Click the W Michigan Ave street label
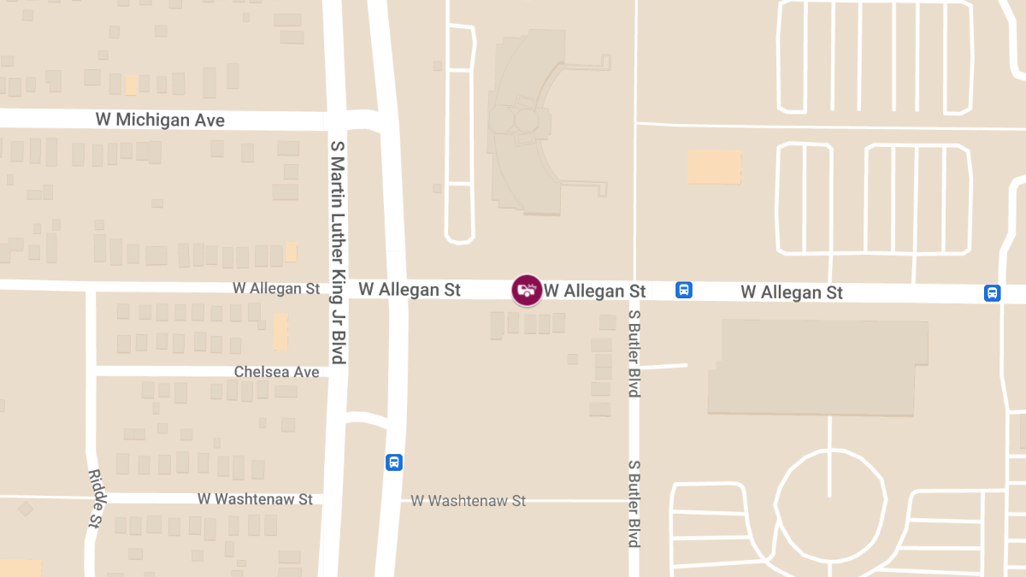160,120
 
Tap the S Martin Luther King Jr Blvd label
337,253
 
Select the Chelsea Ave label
276,372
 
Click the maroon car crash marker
526,291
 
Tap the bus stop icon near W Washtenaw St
393,462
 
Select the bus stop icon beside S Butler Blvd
684,290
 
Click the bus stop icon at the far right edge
992,293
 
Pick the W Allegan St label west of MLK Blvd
276,289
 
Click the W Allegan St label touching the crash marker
595,291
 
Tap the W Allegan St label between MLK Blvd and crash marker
410,290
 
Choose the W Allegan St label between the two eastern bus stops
791,292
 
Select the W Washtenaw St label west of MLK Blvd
255,498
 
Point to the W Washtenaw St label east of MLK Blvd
469,501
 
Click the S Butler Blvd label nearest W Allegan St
634,353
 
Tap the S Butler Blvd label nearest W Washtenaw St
634,503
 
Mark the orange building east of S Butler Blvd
714,167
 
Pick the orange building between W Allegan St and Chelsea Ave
280,332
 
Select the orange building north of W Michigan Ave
131,85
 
